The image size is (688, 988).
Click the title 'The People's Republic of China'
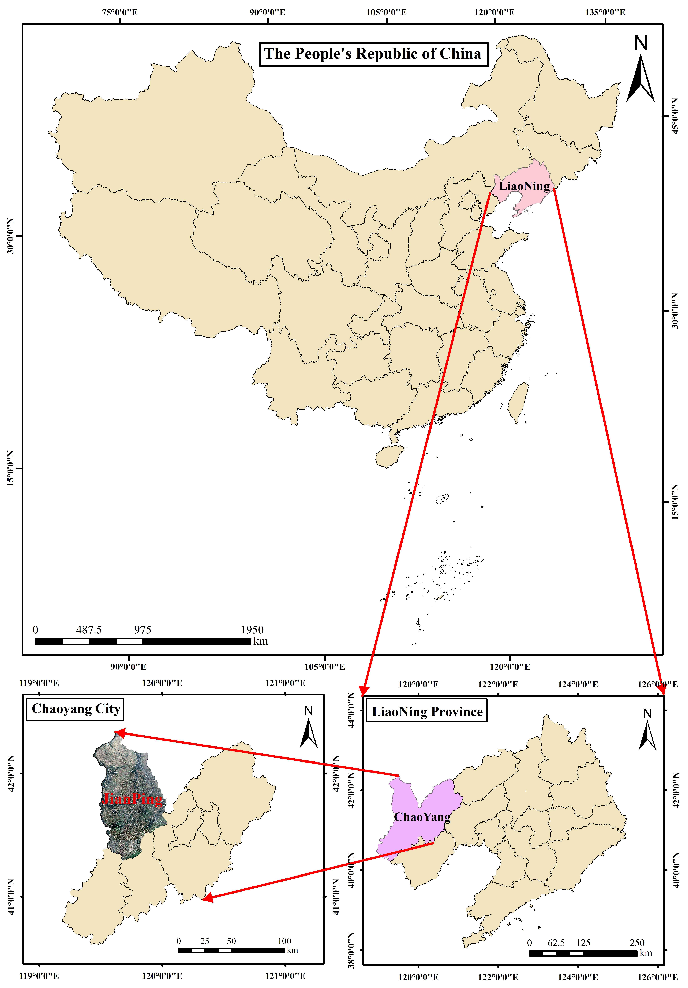click(x=373, y=54)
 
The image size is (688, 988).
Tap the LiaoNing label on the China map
click(x=524, y=186)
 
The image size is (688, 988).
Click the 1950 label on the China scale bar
click(x=252, y=630)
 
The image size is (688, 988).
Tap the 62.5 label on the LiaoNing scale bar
click(x=556, y=943)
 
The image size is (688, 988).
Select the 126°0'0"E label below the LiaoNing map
click(x=657, y=977)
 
